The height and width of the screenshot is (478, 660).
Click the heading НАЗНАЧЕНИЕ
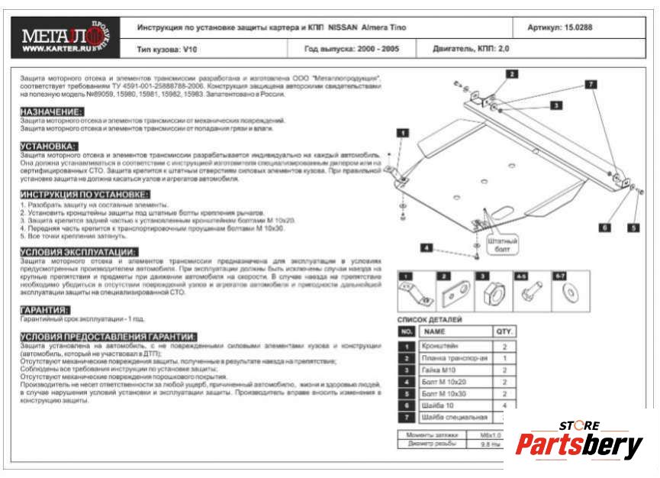pos(52,111)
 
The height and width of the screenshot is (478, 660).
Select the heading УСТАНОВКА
pos(48,145)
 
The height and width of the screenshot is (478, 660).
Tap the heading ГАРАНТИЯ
pos(45,310)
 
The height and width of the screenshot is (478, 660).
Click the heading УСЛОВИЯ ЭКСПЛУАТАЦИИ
pos(79,252)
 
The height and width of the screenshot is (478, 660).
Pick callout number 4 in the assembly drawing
pos(427,247)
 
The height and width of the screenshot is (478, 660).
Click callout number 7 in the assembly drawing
pos(591,85)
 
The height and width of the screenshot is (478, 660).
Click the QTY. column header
pos(505,332)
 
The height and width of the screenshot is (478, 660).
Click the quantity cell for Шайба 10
pos(505,405)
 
